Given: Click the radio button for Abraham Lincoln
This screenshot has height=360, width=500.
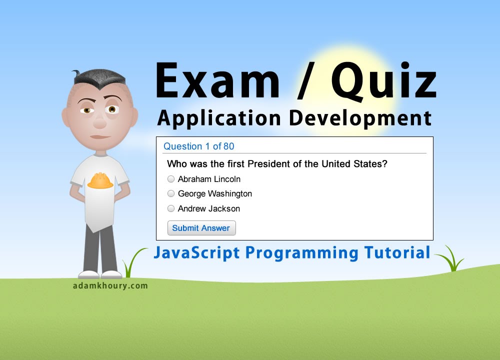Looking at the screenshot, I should point(171,179).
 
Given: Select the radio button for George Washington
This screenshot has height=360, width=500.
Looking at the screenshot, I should point(171,193).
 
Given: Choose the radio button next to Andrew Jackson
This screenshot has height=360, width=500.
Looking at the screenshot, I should point(171,208).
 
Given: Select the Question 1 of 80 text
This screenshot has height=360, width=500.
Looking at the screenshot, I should point(199,146).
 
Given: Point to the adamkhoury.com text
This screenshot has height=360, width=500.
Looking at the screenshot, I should point(109,286).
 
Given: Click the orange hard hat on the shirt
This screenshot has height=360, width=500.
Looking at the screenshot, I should point(100,180).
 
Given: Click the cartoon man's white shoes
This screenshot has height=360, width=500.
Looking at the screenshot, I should point(100,274).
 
